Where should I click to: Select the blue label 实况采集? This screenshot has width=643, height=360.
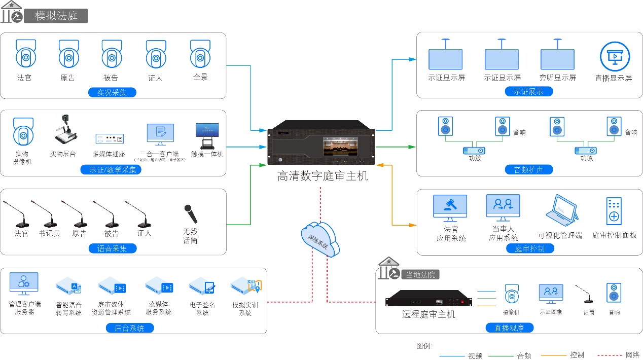pos(112,92)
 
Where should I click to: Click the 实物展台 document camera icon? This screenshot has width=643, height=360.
pos(65,131)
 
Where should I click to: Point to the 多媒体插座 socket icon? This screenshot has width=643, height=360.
pos(110,138)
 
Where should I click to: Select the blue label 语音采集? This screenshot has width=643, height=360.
pos(113,248)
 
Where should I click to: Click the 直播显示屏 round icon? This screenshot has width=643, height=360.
pos(614,57)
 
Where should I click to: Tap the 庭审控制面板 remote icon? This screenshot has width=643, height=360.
pos(614,211)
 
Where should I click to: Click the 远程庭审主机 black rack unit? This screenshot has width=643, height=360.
pos(428,299)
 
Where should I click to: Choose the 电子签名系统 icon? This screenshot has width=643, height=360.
pos(202,287)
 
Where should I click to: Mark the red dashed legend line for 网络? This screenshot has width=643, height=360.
pos(610,355)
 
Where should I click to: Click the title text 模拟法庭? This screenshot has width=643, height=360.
pos(56,16)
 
